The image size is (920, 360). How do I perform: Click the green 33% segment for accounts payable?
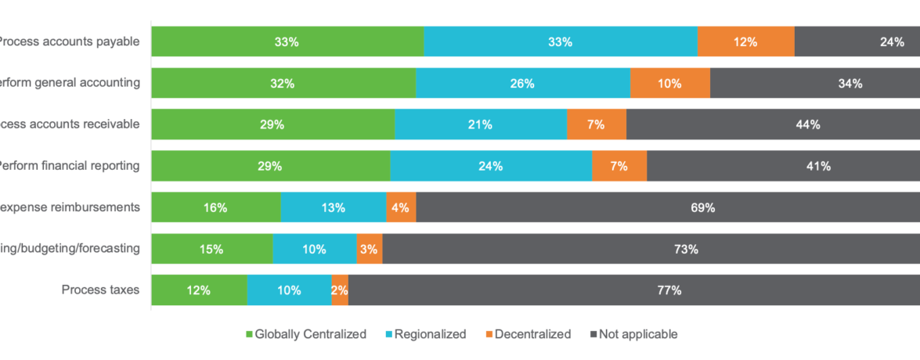tap(287, 41)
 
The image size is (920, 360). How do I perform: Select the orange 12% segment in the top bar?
tap(745, 41)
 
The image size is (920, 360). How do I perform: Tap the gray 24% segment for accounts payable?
tap(857, 41)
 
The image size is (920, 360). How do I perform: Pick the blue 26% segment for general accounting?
tap(522, 83)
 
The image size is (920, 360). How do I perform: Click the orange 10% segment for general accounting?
tap(669, 83)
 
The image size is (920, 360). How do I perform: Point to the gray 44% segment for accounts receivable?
tap(773, 124)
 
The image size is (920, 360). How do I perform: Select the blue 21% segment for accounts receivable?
tap(480, 124)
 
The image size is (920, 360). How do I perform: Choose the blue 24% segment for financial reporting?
tap(490, 166)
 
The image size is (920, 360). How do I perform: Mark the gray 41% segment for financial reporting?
tap(783, 166)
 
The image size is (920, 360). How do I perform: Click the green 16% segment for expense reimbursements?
tap(215, 207)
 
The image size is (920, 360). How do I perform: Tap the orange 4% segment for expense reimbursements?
tap(401, 207)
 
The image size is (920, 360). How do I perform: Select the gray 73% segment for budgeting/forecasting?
tap(651, 249)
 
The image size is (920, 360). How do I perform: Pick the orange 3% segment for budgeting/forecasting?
tap(369, 249)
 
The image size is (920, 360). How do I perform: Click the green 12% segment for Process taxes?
tap(199, 290)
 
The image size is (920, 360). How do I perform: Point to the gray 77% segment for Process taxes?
tap(633, 290)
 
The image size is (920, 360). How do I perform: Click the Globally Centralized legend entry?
tap(306, 334)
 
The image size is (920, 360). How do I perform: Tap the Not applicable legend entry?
tap(633, 334)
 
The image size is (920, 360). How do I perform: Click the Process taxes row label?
tap(100, 290)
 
